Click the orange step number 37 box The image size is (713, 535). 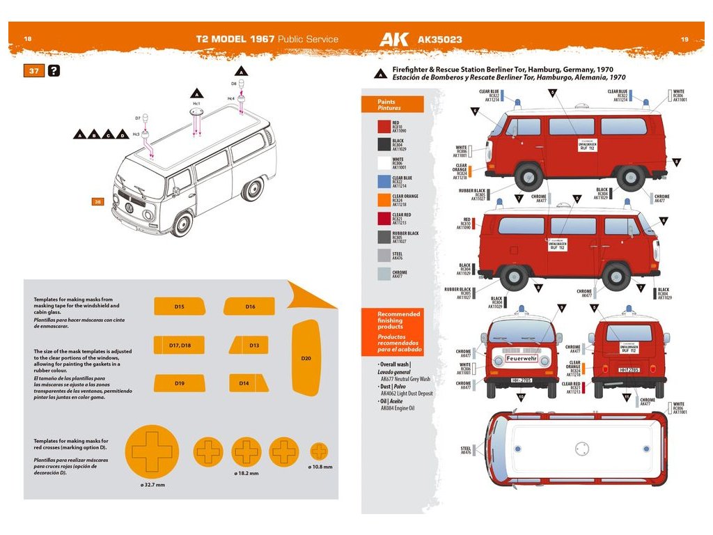[33, 71]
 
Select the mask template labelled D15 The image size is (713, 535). [179, 307]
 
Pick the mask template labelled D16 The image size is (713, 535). [249, 307]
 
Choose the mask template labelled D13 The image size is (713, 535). [253, 345]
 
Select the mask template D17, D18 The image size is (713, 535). [179, 345]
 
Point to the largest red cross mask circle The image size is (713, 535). [152, 451]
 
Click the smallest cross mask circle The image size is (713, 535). [319, 451]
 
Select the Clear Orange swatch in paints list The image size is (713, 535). [384, 201]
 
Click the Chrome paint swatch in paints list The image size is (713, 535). [384, 274]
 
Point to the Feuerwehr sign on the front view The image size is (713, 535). [522, 359]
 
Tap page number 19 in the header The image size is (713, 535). [684, 40]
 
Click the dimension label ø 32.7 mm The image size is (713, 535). [152, 485]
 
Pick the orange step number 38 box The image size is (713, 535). [97, 201]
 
